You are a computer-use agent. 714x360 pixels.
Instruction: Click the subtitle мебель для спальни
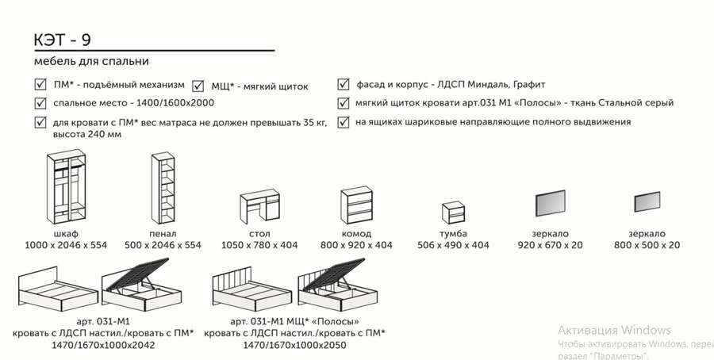pos(91,61)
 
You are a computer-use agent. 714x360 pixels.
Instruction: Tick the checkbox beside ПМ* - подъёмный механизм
pos(40,84)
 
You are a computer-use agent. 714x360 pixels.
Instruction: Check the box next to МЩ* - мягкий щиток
pos(198,86)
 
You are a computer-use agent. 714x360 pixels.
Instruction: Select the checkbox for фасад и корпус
pos(343,84)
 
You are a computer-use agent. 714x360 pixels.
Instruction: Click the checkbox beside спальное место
pos(40,103)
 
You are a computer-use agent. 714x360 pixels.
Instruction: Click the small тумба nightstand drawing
pos(453,214)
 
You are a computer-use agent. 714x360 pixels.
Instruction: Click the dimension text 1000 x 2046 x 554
pos(66,246)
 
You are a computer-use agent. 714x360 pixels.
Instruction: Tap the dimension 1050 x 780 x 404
pos(259,246)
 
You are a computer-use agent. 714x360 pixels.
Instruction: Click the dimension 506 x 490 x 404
pos(453,246)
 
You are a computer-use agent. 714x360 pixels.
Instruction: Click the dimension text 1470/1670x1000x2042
pos(101,346)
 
